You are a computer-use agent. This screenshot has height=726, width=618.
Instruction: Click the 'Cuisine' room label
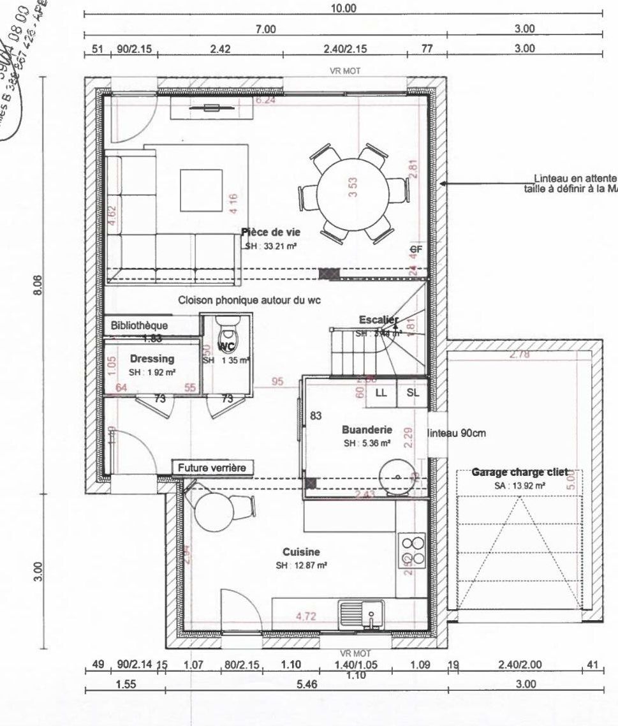pos(301,552)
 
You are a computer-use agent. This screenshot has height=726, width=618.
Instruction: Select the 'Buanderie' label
pos(366,429)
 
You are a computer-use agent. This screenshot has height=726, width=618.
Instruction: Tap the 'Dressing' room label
pos(152,359)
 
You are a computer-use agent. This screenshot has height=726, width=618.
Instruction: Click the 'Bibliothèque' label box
pos(139,325)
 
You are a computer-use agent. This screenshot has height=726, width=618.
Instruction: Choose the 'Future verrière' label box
pos(211,468)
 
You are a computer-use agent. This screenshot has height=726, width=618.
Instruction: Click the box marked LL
pos(381,394)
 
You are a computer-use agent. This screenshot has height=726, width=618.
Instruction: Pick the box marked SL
pos(413,394)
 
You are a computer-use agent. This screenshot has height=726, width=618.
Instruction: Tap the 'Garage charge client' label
pos(519,473)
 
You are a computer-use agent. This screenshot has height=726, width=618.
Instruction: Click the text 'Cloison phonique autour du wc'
pos(249,299)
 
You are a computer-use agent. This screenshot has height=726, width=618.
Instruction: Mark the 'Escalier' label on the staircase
pos(378,320)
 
